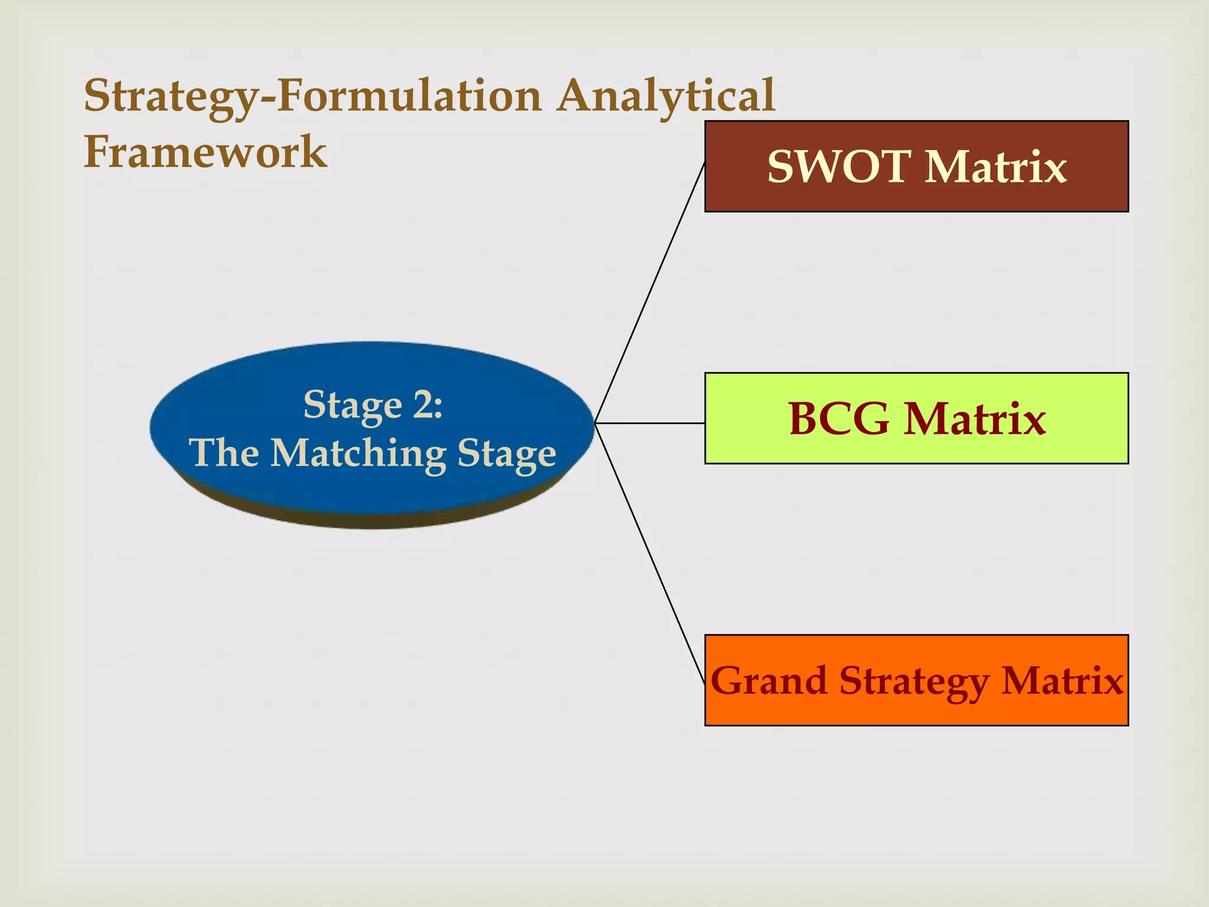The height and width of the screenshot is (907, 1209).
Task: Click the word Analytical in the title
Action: (x=666, y=96)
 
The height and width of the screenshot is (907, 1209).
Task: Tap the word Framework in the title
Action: (x=205, y=152)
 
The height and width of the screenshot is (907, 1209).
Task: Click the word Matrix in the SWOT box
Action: (x=996, y=167)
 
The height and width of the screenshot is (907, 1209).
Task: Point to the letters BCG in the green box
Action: (x=839, y=419)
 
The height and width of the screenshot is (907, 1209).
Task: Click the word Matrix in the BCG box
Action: (x=975, y=419)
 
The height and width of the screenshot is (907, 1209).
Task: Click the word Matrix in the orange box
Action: (x=1062, y=681)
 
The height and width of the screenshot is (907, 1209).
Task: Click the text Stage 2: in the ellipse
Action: (x=372, y=406)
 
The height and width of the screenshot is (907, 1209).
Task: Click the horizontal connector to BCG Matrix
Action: (x=649, y=423)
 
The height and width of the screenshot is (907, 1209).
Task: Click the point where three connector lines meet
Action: (x=595, y=423)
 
